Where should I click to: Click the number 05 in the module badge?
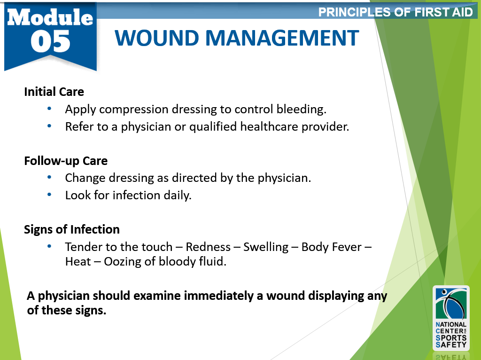coord(51,41)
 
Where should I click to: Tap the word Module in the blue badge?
coord(50,17)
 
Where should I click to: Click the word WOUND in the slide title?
coord(157,38)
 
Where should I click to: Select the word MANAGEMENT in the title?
coord(282,38)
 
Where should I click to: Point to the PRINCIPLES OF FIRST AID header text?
coord(396,12)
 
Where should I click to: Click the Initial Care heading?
coord(54,92)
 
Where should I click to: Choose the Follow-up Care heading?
coord(66,161)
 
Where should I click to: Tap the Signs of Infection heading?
coord(72,229)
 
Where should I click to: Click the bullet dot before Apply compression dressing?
coord(49,109)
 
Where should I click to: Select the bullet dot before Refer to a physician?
coord(49,125)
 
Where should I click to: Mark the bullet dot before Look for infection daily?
coord(49,194)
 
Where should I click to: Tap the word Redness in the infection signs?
coord(208,247)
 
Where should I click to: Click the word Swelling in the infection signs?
coord(266,247)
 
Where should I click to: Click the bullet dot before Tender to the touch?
coord(49,246)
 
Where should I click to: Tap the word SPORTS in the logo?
coord(451,338)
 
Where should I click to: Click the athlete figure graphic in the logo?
coord(451,304)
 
